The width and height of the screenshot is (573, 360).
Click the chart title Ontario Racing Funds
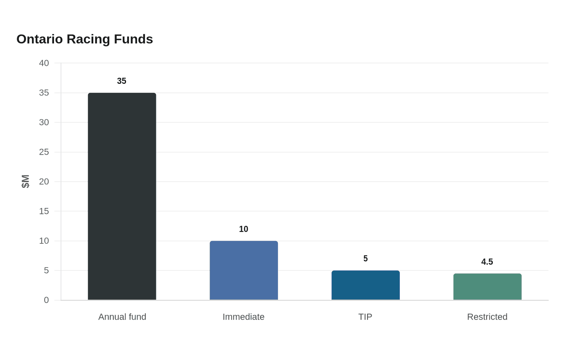[85, 39]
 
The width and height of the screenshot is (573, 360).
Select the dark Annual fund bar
[122, 196]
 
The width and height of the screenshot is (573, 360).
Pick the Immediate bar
[244, 270]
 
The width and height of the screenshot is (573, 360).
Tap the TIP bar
[365, 285]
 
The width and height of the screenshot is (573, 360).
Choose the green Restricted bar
[487, 287]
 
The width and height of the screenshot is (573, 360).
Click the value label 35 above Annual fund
[122, 81]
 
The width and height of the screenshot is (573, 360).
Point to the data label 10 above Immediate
[244, 229]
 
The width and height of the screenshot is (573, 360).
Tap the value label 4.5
[487, 262]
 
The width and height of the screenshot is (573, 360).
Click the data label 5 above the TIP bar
[365, 259]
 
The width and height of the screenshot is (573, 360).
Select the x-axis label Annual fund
[122, 317]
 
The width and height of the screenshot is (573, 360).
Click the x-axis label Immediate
[244, 317]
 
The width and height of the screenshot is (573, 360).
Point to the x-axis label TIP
[365, 317]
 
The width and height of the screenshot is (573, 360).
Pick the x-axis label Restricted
[487, 317]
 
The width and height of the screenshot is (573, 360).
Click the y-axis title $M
[25, 182]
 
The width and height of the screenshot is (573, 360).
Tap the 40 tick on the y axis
[44, 63]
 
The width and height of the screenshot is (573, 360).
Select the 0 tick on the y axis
[46, 300]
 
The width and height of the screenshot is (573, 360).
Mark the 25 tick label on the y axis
[44, 152]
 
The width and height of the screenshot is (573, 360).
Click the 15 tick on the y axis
[44, 211]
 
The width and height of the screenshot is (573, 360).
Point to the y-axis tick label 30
[44, 122]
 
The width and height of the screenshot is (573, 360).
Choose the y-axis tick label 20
[44, 182]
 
